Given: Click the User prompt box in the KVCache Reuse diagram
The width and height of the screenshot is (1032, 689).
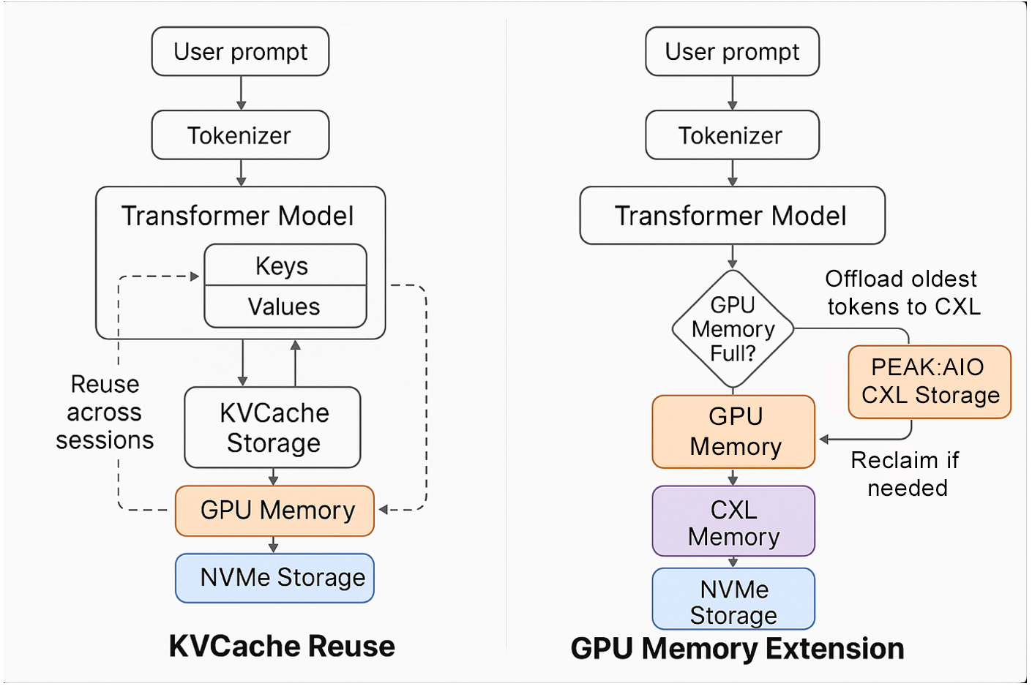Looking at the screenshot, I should (x=240, y=51).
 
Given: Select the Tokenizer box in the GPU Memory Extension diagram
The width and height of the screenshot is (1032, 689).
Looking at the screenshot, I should (x=732, y=135).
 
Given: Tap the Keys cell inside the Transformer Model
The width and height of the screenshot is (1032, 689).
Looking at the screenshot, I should (x=285, y=265).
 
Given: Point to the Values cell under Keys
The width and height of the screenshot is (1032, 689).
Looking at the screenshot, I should (x=285, y=306).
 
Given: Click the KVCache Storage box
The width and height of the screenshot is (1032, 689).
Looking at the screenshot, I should (x=272, y=427).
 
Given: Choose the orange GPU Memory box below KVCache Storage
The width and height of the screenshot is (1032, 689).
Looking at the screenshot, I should (x=275, y=511).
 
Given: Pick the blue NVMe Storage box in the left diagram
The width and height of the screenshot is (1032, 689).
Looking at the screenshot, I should (x=275, y=578).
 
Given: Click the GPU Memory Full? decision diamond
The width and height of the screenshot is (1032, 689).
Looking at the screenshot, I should (x=733, y=329).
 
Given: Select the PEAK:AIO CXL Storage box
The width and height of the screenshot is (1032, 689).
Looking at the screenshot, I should (x=930, y=382).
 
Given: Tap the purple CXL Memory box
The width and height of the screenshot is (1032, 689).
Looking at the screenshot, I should (x=733, y=522).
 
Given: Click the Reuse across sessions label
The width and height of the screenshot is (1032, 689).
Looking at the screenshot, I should (x=105, y=412).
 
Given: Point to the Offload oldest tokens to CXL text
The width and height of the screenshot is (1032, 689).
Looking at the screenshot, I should (x=902, y=293).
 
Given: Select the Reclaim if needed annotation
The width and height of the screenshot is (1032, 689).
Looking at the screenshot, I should (x=906, y=474).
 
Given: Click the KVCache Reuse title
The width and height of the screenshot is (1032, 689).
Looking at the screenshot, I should (x=282, y=647).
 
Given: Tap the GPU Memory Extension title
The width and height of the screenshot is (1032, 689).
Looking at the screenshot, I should (x=737, y=649).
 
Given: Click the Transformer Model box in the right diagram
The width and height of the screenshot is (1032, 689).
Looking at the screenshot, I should (x=732, y=216).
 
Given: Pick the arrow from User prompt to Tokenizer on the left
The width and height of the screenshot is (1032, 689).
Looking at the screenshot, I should (x=241, y=93).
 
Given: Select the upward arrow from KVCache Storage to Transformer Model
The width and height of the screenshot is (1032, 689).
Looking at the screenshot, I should (x=296, y=363).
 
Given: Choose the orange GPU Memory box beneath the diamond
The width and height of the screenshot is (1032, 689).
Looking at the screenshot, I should (x=733, y=432).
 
